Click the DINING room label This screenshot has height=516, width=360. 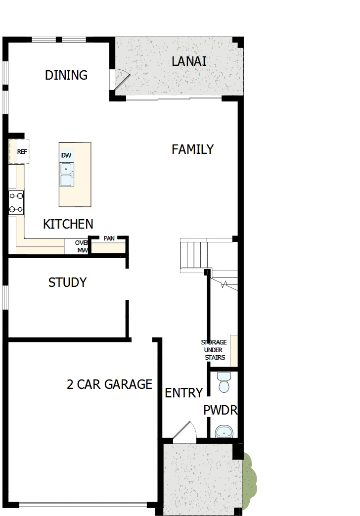[x=66, y=75]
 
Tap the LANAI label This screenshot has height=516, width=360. [x=189, y=61]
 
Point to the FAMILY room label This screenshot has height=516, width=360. [x=192, y=149]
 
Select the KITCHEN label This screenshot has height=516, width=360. [x=68, y=224]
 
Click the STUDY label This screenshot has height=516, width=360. [x=67, y=282]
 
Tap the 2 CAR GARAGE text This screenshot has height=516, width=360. [x=109, y=384]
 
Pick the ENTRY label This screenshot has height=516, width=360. [x=183, y=393]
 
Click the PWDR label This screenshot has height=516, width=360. [x=221, y=410]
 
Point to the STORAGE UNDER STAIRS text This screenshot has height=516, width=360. [x=214, y=350]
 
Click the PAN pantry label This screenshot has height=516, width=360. [x=109, y=238]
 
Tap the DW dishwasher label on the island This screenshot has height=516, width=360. [x=66, y=155]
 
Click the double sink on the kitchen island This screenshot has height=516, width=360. [x=66, y=174]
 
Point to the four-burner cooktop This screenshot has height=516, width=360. [x=16, y=202]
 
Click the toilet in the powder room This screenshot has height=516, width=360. [x=224, y=382]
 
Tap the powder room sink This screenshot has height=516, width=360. [x=224, y=432]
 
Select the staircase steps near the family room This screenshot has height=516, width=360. [x=193, y=255]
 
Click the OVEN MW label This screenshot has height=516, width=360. [x=82, y=246]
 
